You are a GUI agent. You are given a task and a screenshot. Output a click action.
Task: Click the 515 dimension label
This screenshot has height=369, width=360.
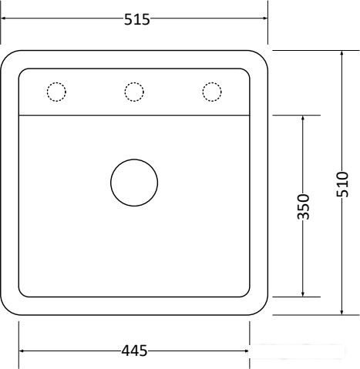point(136,19)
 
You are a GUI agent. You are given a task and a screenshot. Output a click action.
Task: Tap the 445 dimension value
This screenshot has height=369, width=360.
point(134,351)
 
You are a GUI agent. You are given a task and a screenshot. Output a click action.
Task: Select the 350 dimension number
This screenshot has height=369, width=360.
point(303,206)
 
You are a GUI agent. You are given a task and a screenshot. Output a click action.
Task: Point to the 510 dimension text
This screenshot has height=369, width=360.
point(342,184)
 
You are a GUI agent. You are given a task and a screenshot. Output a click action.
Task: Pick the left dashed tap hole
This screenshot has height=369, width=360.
point(56,82)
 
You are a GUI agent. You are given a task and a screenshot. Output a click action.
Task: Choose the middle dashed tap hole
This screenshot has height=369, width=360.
point(134,82)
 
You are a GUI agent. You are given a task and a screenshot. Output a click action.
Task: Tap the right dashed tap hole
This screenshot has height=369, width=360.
point(212,82)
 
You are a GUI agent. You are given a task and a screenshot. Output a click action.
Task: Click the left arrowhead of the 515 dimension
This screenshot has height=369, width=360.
point(5,18)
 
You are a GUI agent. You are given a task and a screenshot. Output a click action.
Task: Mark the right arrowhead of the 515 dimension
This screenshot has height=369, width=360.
point(264,18)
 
